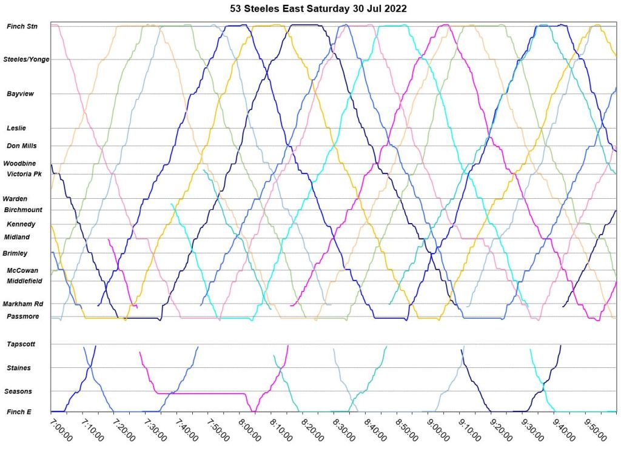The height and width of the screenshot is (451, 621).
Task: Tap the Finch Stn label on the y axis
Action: [x=22, y=27]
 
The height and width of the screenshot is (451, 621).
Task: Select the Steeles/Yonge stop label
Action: [x=27, y=59]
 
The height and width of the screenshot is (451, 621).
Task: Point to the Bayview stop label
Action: [x=21, y=94]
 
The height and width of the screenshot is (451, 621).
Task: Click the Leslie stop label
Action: [x=16, y=128]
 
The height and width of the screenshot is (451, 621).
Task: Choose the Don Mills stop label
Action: [x=22, y=146]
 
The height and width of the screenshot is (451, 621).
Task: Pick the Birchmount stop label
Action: [x=22, y=210]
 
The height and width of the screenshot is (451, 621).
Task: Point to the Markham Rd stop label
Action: [x=22, y=304]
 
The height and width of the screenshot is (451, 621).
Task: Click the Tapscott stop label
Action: [x=21, y=344]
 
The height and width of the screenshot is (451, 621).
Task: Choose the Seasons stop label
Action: [x=19, y=392]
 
